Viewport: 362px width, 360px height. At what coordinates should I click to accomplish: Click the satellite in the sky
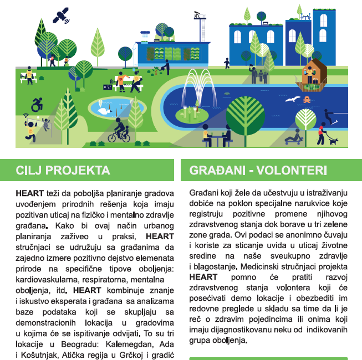(x=62, y=16)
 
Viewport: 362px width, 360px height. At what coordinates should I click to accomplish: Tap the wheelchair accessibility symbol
(x=38, y=103)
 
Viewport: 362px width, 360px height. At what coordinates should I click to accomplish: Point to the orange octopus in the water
(x=307, y=100)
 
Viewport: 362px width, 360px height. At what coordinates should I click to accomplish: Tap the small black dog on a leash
(x=333, y=141)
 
